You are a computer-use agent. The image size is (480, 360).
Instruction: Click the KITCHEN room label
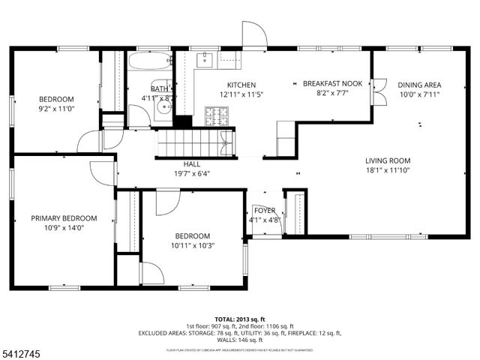pos(237,85)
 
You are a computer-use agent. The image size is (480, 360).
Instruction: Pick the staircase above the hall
pos(194,142)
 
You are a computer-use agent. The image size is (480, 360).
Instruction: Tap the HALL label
pos(192,163)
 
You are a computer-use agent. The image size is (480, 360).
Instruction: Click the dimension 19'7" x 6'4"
pos(192,173)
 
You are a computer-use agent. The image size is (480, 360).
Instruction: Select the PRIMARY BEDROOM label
pos(61,218)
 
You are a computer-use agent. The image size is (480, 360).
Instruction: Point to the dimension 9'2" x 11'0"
pos(56,109)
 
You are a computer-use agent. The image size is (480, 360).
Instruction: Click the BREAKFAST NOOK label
pos(333,84)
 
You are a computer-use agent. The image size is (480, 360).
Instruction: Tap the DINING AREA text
pos(418,85)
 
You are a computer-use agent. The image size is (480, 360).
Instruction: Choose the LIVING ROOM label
pos(388,160)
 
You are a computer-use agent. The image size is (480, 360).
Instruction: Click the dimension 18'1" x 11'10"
pos(388,170)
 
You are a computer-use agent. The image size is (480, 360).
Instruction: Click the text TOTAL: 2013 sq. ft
pos(239,319)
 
